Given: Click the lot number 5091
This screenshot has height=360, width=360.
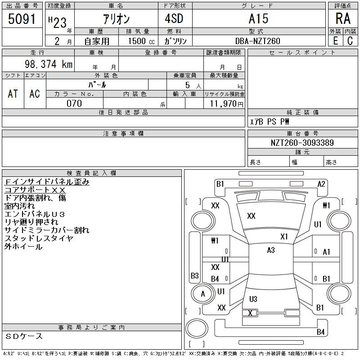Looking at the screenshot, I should [22, 19].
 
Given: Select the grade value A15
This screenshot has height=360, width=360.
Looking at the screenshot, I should [258, 19].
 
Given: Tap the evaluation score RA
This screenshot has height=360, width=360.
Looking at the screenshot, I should [343, 18].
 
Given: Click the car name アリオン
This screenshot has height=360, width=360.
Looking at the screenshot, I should [116, 19].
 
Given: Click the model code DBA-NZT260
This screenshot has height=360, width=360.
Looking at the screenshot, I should [258, 41].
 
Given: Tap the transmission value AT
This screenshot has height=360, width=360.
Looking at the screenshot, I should [13, 94].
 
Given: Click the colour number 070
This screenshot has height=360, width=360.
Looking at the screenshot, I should [74, 103].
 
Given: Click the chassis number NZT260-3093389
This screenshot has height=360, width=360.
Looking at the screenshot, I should [302, 143].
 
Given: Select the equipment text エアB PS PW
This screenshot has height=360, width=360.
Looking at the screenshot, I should [270, 122].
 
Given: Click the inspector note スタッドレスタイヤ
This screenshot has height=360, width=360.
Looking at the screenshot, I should [39, 238].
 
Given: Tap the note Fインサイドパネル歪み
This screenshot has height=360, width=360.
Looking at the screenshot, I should [47, 182].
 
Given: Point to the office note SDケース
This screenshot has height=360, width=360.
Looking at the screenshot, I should [25, 336].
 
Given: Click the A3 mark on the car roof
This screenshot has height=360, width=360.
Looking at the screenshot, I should [270, 250].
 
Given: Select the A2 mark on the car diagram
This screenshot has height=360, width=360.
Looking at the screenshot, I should [321, 184].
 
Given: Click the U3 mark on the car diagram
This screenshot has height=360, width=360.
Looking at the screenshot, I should [253, 299].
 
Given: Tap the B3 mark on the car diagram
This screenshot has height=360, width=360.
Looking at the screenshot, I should [195, 275].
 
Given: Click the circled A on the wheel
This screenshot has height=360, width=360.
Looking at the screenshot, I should [202, 294].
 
